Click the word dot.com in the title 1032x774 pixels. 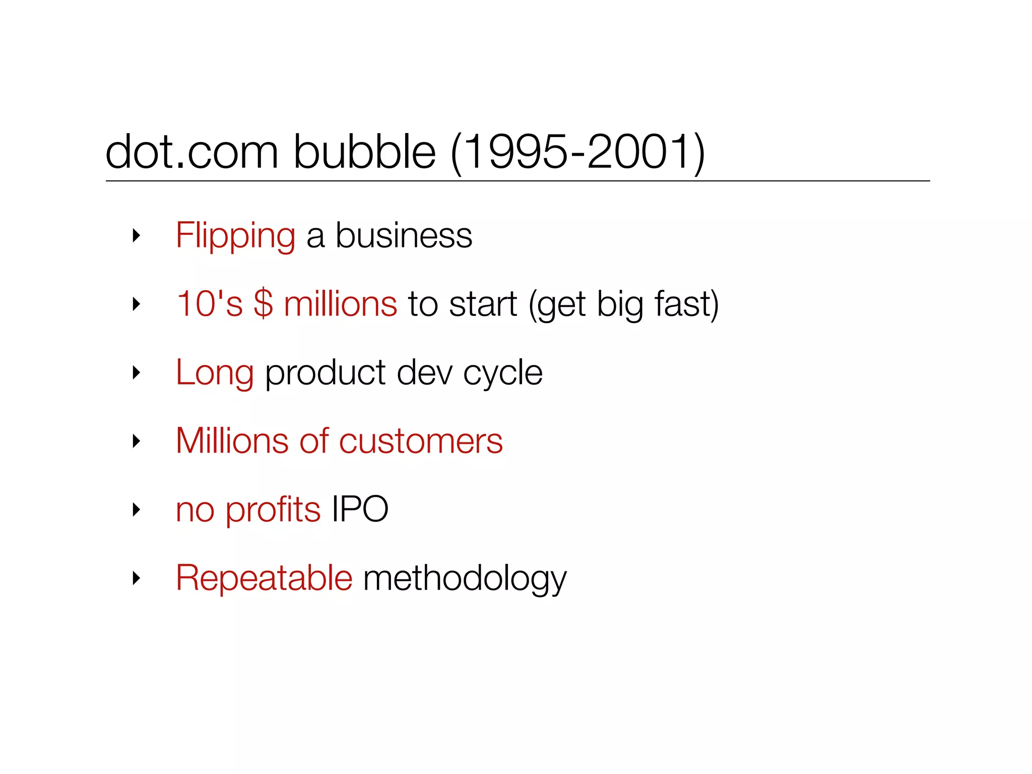[191, 152]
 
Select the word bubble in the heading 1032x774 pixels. [364, 152]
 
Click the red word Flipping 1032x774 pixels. [235, 236]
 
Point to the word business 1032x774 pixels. [404, 236]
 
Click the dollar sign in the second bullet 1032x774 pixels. [263, 304]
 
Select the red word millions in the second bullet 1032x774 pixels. [341, 304]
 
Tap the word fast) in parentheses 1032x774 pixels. [686, 304]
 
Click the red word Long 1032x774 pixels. [215, 373]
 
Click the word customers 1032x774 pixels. [421, 441]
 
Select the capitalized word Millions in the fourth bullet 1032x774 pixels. [232, 441]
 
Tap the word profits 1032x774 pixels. [273, 510]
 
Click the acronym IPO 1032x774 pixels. [360, 509]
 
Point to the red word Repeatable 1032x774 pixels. [264, 577]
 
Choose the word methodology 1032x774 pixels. [465, 578]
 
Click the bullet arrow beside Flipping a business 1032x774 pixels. [136, 235]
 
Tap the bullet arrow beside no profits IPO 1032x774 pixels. [136, 509]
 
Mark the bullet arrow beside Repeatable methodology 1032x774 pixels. [136, 578]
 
